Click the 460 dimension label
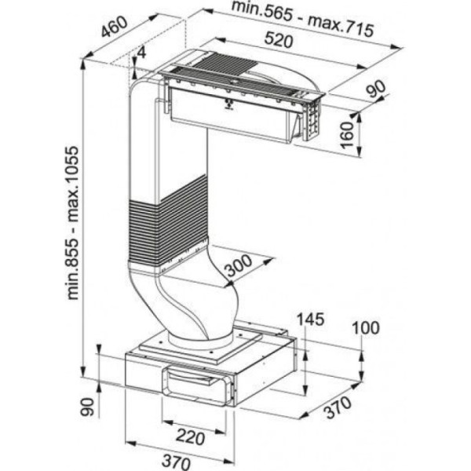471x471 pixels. pyautogui.click(x=115, y=27)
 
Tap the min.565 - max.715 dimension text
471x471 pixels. pyautogui.click(x=303, y=19)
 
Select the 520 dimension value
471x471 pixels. pyautogui.click(x=279, y=40)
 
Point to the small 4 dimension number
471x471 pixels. pyautogui.click(x=141, y=53)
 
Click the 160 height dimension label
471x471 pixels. pyautogui.click(x=347, y=135)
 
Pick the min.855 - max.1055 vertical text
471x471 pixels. pyautogui.click(x=73, y=223)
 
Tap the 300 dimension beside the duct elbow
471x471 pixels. pyautogui.click(x=239, y=265)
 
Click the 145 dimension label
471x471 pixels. pyautogui.click(x=310, y=319)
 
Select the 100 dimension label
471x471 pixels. pyautogui.click(x=365, y=327)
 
